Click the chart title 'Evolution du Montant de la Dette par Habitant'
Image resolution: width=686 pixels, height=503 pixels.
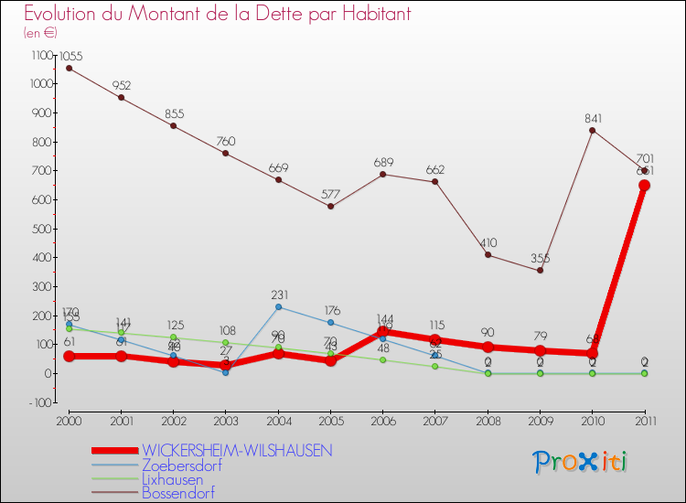(217, 14)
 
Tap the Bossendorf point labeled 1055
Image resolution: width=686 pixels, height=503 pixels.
(69, 68)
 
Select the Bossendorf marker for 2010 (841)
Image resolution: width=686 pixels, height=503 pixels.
(593, 130)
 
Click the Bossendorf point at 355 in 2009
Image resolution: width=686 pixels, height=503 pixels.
(541, 270)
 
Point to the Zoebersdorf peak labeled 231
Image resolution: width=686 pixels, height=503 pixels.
(278, 306)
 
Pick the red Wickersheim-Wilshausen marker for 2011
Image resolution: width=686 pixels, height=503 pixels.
(645, 185)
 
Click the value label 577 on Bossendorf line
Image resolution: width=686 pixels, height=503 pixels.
(330, 194)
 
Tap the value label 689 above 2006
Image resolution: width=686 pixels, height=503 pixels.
(383, 162)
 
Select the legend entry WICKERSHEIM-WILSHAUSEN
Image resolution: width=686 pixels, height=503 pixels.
(237, 450)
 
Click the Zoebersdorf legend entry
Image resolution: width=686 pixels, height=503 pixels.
(181, 465)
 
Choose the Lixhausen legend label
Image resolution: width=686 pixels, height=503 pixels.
(172, 478)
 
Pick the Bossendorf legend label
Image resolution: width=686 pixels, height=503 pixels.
(177, 492)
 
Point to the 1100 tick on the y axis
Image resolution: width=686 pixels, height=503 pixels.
(42, 55)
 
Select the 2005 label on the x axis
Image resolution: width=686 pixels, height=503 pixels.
(330, 420)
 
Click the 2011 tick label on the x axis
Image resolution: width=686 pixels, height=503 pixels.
(645, 420)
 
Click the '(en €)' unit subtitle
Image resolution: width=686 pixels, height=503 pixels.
(41, 33)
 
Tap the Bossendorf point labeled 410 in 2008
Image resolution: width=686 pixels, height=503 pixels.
(488, 254)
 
